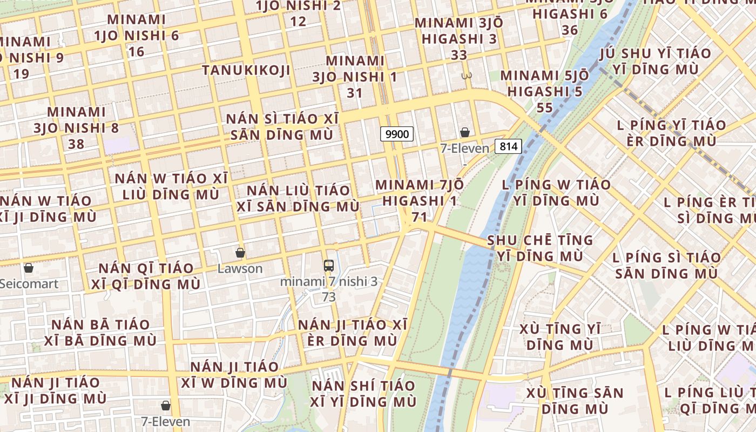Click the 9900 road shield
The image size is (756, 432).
click(397, 134)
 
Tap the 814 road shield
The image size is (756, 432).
click(509, 146)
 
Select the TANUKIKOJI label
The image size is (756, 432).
click(246, 70)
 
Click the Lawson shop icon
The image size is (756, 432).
click(240, 253)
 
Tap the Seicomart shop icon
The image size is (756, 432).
click(29, 268)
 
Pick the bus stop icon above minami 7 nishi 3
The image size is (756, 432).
click(328, 265)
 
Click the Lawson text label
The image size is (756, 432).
click(240, 268)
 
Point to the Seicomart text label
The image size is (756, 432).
click(29, 283)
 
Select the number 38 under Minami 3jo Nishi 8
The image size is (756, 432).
click(76, 144)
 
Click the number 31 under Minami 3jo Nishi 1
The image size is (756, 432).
click(354, 93)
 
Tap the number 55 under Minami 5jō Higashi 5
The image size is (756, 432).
click(545, 108)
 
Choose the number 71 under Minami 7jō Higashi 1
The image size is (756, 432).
click(419, 217)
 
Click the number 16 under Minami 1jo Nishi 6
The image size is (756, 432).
click(137, 52)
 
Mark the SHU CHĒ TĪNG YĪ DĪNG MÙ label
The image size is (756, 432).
click(540, 248)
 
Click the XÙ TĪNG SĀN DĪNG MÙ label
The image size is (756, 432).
click(575, 401)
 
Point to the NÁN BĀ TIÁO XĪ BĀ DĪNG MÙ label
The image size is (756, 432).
click(104, 333)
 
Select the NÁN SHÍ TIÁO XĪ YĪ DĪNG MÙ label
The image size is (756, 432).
click(364, 394)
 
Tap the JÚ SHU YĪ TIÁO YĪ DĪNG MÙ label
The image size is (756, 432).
click(656, 62)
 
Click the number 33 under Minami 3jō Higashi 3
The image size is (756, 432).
click(459, 55)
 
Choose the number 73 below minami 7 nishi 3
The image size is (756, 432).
click(328, 297)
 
